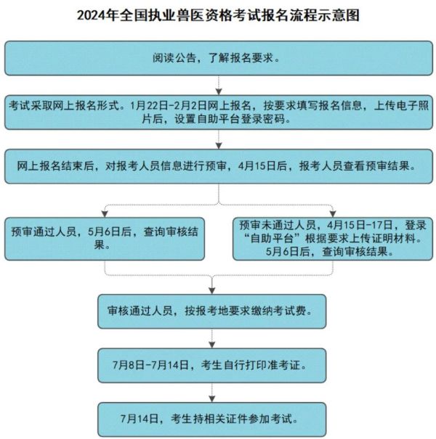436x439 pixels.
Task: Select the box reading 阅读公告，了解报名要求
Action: click(219, 58)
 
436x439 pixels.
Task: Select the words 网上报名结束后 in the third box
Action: click(55, 166)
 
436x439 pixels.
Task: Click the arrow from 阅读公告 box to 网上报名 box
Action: click(219, 85)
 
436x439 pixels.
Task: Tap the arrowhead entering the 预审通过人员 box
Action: click(105, 214)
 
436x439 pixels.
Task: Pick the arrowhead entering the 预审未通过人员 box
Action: click(333, 214)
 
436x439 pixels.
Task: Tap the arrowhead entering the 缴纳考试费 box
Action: click(212, 291)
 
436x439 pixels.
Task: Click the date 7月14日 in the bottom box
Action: click(140, 419)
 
